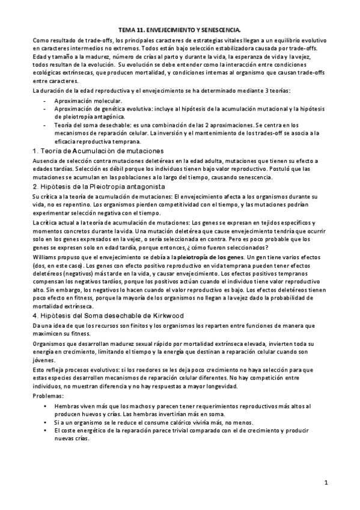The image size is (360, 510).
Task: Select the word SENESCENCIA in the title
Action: point(219,28)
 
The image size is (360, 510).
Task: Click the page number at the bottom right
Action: point(325,482)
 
